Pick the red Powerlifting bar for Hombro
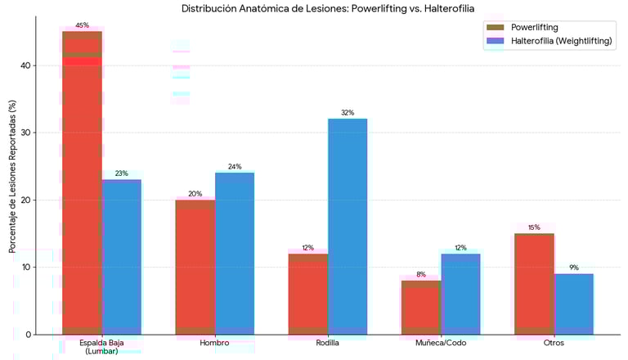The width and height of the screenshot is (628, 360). (x=195, y=267)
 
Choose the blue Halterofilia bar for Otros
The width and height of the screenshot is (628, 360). (x=574, y=304)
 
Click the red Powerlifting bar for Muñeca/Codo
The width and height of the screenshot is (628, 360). (x=421, y=307)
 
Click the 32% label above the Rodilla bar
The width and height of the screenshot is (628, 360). (x=348, y=113)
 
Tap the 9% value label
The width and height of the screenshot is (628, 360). (x=574, y=268)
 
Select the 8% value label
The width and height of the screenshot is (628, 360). (x=421, y=275)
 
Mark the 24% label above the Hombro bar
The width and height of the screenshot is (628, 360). (x=235, y=167)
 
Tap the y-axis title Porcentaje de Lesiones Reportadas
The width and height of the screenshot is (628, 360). (x=11, y=176)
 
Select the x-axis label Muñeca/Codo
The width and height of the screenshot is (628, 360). (x=441, y=343)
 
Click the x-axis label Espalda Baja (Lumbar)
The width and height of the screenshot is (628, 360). (x=101, y=347)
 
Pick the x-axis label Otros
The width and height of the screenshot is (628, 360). (x=554, y=343)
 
